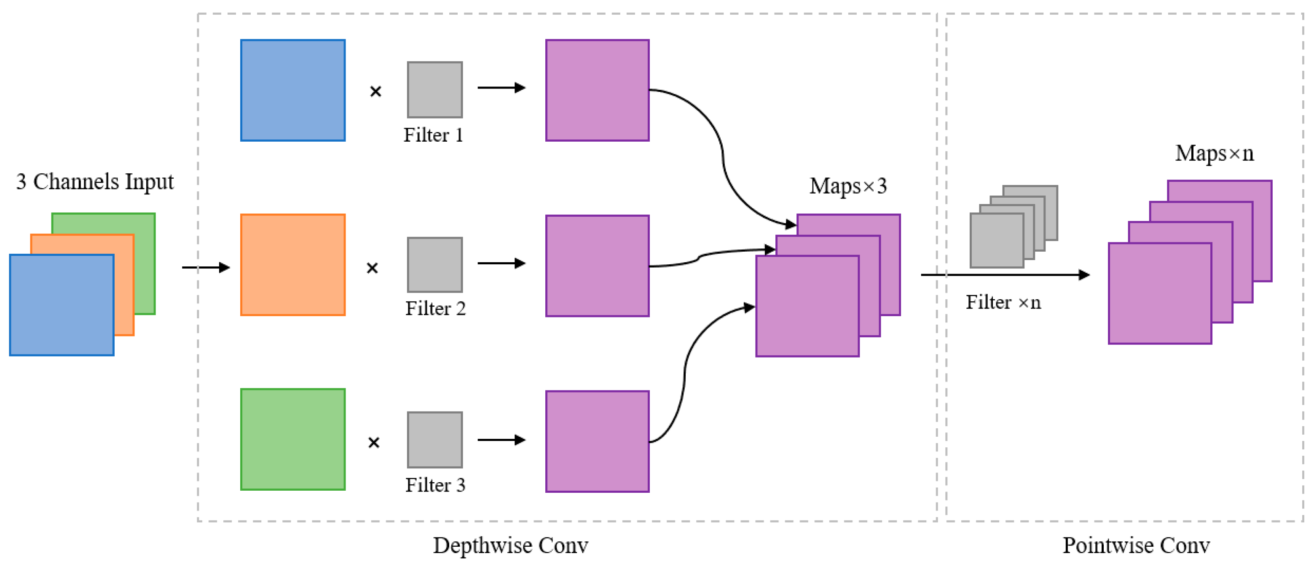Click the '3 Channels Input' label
click(x=95, y=182)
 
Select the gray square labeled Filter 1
click(x=434, y=90)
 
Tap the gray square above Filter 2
click(x=434, y=265)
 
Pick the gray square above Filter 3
click(x=434, y=440)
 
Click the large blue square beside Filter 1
click(x=293, y=90)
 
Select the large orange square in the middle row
click(x=293, y=265)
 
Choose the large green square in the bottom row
click(x=293, y=439)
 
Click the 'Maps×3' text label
click(x=848, y=186)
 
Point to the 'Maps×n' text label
click(x=1214, y=153)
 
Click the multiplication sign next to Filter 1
click(x=375, y=91)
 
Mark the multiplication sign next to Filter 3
click(x=374, y=443)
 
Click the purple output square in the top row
click(x=597, y=90)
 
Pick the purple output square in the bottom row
click(x=597, y=441)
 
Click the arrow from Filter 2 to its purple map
click(x=501, y=263)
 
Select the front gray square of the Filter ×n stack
click(x=996, y=240)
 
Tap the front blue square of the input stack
click(x=62, y=305)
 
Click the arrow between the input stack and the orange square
click(x=206, y=267)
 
